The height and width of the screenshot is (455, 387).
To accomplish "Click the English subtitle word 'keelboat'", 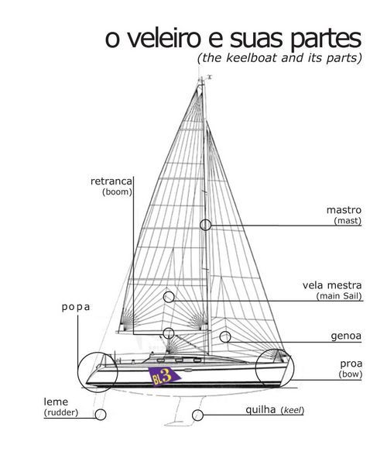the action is [251, 57].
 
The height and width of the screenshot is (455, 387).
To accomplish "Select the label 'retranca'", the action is [111, 181].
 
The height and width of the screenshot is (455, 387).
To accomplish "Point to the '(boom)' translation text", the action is [117, 191].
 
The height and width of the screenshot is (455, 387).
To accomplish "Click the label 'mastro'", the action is [344, 210].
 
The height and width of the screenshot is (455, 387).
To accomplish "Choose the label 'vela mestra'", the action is [332, 285].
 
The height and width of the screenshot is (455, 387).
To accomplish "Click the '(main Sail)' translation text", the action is [339, 296].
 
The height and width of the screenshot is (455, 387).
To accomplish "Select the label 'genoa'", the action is [346, 336].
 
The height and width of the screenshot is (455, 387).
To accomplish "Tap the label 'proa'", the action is [351, 364].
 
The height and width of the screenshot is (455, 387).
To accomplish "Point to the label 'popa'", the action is [76, 307].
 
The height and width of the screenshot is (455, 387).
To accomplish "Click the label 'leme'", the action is [56, 402].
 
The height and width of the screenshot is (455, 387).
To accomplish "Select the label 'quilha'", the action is [260, 410].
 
